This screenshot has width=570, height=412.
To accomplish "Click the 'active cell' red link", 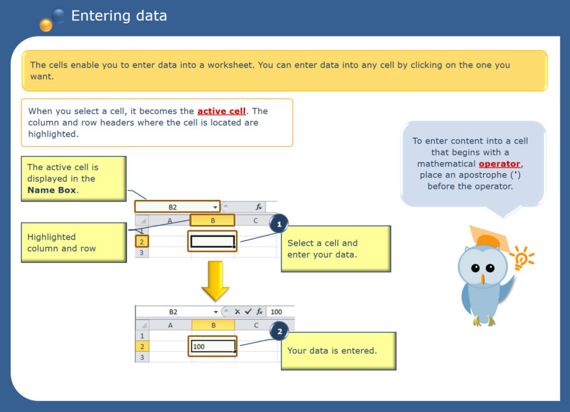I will tap(221, 111).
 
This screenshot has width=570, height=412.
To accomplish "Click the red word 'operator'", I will tap(499, 164).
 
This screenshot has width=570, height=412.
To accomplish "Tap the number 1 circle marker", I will tap(279, 224).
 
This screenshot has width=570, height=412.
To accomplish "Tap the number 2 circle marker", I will tap(279, 332).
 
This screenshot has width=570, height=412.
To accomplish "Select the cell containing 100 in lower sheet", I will tap(213, 346).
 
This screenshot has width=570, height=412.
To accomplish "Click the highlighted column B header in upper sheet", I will tap(213, 221).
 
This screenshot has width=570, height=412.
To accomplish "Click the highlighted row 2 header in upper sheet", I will tap(142, 241).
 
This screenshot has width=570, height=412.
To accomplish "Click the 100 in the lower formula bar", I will tap(277, 312).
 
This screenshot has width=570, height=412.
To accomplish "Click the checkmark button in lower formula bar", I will tap(248, 312).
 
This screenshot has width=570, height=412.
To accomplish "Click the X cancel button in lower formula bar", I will tap(237, 312).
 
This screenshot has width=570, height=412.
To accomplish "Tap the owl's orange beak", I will tap(482, 279).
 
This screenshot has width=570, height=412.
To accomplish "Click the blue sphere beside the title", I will tap(58, 16).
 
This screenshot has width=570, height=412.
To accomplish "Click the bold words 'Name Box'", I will tap(52, 190).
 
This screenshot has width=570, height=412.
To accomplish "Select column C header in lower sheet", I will tap(256, 325).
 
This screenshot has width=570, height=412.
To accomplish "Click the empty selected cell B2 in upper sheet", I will tap(213, 241).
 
